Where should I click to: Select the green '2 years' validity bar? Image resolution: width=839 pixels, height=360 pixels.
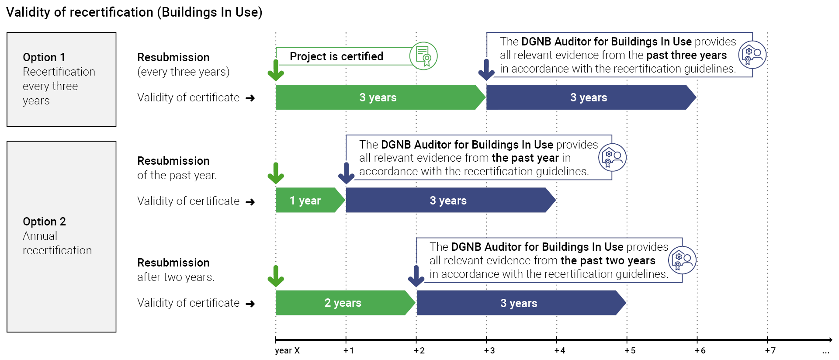(x=343, y=303)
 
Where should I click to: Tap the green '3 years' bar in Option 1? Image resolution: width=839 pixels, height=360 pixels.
(x=378, y=97)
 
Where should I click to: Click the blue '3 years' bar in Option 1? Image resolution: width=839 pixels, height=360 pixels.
(x=589, y=97)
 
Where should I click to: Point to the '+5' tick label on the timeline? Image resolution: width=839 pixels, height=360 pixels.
(x=630, y=350)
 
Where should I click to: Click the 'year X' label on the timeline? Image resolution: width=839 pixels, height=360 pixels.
(x=287, y=350)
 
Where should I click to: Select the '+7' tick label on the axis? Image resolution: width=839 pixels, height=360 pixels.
(x=770, y=350)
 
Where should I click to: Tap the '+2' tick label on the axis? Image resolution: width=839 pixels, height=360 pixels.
(x=419, y=350)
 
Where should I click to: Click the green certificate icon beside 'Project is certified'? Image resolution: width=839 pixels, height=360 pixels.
(x=423, y=56)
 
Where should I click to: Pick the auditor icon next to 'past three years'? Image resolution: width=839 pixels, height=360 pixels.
(x=752, y=55)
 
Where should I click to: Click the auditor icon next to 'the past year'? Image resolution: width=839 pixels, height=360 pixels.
(x=612, y=158)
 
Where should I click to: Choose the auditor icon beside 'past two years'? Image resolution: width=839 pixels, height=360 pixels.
(x=682, y=260)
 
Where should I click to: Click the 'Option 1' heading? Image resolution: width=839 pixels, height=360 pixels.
(x=44, y=57)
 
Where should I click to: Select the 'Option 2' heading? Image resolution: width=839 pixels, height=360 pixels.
(x=44, y=222)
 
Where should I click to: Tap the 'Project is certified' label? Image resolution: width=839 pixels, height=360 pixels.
(x=336, y=56)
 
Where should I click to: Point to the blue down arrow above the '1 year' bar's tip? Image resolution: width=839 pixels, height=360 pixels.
(x=346, y=173)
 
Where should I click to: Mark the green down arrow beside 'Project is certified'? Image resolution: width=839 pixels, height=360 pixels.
(x=276, y=70)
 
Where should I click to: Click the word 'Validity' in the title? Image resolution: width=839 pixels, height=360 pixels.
(x=28, y=12)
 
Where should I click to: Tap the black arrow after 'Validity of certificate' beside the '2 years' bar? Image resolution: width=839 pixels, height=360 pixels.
(x=250, y=304)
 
